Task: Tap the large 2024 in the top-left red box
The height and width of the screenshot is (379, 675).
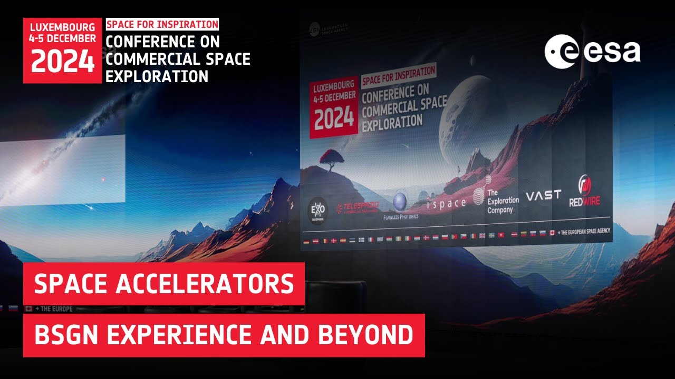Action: click(x=62, y=61)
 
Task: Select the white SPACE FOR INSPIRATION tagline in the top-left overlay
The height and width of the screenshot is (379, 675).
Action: click(x=162, y=24)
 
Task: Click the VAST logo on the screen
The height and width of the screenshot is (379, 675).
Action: click(x=543, y=195)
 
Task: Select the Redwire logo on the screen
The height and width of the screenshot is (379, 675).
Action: click(x=584, y=192)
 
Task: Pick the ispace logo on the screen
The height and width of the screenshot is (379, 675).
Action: click(x=446, y=203)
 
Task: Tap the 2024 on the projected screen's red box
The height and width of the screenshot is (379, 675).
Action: click(x=333, y=118)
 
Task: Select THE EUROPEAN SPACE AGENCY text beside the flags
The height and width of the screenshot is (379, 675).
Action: click(x=581, y=232)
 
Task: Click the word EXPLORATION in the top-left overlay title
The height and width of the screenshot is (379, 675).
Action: click(x=157, y=76)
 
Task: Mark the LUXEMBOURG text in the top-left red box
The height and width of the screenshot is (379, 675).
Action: click(x=62, y=27)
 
